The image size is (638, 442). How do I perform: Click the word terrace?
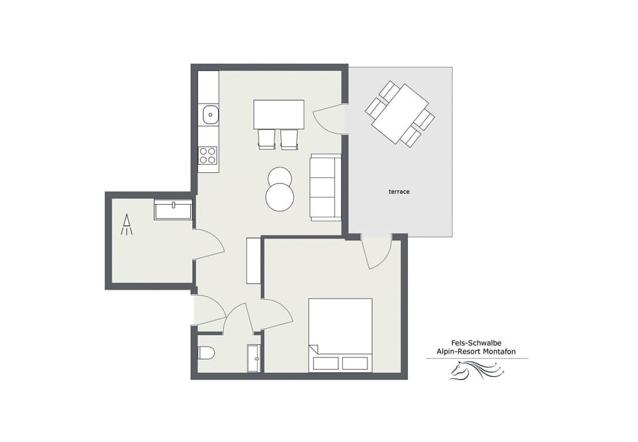pyautogui.click(x=399, y=191)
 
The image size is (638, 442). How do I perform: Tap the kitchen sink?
pyautogui.click(x=209, y=114)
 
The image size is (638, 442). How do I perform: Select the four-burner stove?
pyautogui.click(x=208, y=155)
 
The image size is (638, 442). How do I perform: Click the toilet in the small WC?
pyautogui.click(x=205, y=352)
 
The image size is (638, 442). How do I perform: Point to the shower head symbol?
pyautogui.click(x=126, y=225)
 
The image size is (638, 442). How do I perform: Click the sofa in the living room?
pyautogui.click(x=326, y=187)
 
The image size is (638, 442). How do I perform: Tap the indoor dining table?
pyautogui.click(x=278, y=114)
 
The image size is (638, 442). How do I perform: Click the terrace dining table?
pyautogui.click(x=400, y=114)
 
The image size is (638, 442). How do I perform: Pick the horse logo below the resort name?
pyautogui.click(x=476, y=370)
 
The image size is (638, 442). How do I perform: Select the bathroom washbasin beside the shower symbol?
pyautogui.click(x=173, y=210)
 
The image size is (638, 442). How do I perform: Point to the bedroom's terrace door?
pyautogui.click(x=376, y=253)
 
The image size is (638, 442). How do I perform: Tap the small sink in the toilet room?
pyautogui.click(x=254, y=358)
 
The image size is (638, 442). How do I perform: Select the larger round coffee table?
pyautogui.click(x=280, y=197)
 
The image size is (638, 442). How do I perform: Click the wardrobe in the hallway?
pyautogui.click(x=253, y=260)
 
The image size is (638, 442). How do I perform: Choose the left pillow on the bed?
pyautogui.click(x=326, y=363)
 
